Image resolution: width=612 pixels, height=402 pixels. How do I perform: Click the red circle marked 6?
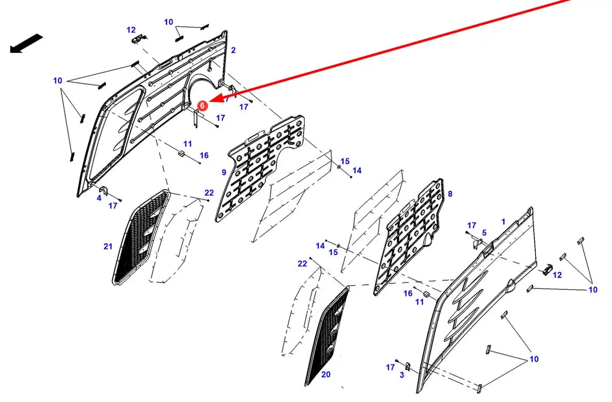tap(203, 105)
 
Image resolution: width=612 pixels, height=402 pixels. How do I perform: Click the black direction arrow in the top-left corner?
tap(25, 44)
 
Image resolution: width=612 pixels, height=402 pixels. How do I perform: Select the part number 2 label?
tap(233, 50)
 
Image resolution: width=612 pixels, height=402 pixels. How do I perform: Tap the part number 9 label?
tap(224, 172)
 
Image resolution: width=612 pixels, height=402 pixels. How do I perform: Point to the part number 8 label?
tap(450, 194)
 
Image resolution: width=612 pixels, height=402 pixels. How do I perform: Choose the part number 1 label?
tap(503, 221)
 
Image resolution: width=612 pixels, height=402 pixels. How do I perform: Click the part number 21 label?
tap(108, 246)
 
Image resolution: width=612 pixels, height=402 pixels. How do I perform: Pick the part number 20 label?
tap(325, 375)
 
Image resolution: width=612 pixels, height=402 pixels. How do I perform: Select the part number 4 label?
tap(99, 198)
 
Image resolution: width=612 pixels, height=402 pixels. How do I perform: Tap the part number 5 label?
tap(484, 233)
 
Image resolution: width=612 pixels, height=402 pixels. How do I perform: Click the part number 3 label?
tap(402, 375)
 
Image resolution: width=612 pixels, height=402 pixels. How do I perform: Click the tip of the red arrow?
tap(214, 99)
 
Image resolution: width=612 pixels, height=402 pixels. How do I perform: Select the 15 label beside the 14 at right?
tap(345, 161)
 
